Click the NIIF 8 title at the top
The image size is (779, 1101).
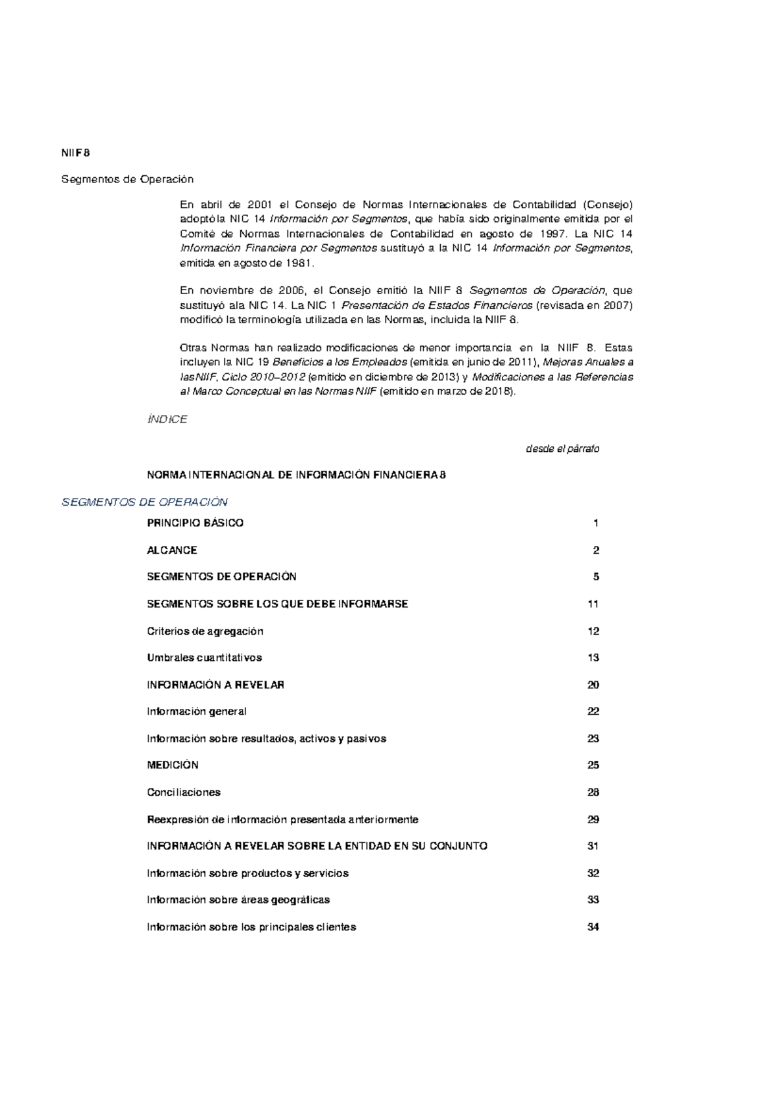pos(75,153)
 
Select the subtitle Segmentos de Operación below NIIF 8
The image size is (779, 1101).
pos(127,179)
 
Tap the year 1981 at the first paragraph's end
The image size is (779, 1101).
pos(299,263)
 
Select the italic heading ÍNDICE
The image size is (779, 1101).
pos(167,419)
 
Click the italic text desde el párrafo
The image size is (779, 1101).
pos(562,449)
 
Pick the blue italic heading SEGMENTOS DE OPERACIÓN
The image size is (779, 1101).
pos(144,502)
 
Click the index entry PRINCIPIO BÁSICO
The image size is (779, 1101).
pos(195,523)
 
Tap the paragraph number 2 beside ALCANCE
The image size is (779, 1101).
pos(596,550)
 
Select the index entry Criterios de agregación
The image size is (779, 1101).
pos(205,631)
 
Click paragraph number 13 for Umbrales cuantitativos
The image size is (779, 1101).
pos(593,658)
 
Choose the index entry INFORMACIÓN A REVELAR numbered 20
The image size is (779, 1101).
pos(216,685)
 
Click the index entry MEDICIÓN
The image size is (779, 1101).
pos(173,765)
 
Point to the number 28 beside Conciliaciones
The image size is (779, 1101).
pos(593,792)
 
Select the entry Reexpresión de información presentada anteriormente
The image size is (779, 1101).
pos(282,819)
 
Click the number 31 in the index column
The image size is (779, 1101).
pos(593,846)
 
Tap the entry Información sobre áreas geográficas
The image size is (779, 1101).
pos(238,900)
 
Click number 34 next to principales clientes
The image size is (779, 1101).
pos(593,927)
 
